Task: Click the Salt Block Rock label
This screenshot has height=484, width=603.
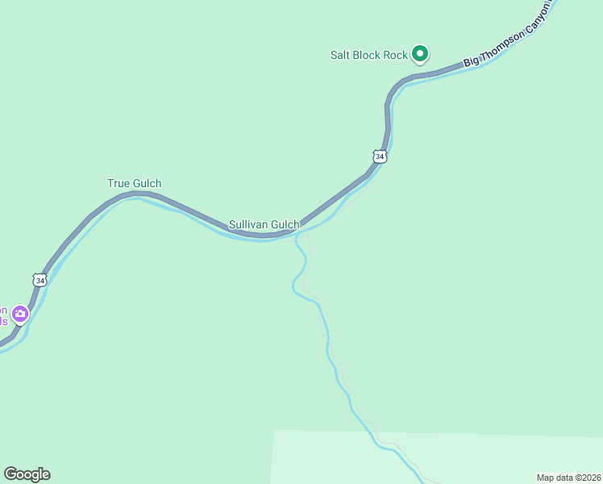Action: click(x=369, y=55)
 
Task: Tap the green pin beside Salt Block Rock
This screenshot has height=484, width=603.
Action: click(x=419, y=53)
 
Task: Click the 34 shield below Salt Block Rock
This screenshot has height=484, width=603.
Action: click(x=380, y=156)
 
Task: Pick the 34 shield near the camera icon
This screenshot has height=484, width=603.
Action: click(x=40, y=280)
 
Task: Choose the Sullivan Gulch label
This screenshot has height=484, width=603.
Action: click(x=264, y=224)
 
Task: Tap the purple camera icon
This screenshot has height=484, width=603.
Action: click(x=20, y=314)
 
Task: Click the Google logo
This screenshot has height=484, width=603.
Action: click(x=27, y=474)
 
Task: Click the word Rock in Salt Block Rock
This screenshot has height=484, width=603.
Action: click(x=396, y=55)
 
